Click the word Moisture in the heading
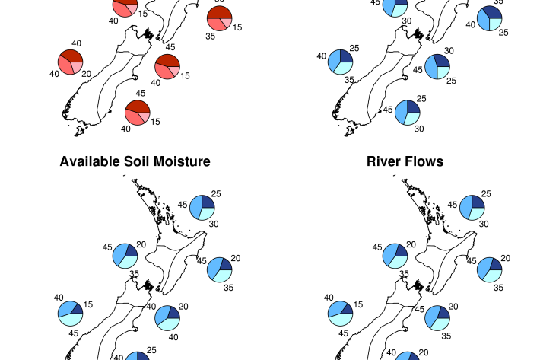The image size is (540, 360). [182, 161]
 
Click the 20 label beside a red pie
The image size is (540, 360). [87, 74]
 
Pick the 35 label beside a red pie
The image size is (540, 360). [211, 37]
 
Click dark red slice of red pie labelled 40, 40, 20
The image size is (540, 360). [71, 56]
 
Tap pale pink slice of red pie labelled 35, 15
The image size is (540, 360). [227, 23]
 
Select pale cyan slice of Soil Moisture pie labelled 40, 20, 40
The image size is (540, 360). [170, 323]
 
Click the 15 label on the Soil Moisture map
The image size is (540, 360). [87, 304]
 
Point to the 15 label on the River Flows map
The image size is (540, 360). [357, 304]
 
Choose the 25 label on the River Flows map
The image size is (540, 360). [486, 194]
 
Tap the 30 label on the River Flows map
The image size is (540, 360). [484, 224]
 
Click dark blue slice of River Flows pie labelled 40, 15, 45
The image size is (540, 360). [348, 309]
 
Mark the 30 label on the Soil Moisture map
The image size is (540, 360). [214, 224]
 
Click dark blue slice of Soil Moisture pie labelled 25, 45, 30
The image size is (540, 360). [208, 202]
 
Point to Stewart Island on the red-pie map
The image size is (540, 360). [80, 131]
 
